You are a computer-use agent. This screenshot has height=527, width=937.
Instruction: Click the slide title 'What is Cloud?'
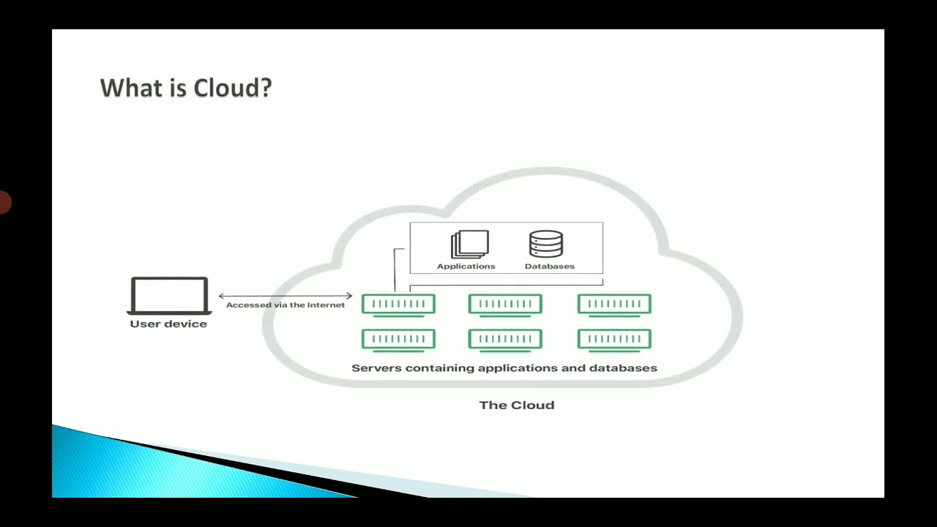185,88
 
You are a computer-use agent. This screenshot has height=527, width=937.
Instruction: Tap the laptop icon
169,296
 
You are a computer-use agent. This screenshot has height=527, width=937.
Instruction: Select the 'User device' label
168,324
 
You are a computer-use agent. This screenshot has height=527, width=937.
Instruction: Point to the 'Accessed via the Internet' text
285,305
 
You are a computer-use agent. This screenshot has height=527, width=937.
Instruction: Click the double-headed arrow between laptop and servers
285,296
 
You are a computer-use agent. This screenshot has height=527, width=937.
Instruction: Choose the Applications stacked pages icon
470,244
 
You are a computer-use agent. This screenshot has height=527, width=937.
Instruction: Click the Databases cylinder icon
546,244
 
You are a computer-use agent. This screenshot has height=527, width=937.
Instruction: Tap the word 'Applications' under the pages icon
466,266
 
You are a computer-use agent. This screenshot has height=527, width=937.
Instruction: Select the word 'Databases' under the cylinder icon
550,266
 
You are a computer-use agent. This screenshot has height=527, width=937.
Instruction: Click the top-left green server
398,304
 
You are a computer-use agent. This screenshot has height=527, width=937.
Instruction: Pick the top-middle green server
505,304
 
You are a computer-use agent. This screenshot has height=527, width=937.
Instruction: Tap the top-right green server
614,304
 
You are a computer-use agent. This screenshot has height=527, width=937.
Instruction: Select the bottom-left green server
398,339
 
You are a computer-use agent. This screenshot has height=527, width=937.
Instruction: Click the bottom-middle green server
505,339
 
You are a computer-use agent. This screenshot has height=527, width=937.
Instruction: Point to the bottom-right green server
614,339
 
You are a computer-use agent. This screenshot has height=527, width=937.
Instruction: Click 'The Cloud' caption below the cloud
517,405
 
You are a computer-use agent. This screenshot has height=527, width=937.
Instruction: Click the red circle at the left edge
4,202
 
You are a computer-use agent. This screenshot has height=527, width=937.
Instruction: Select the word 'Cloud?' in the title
233,88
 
